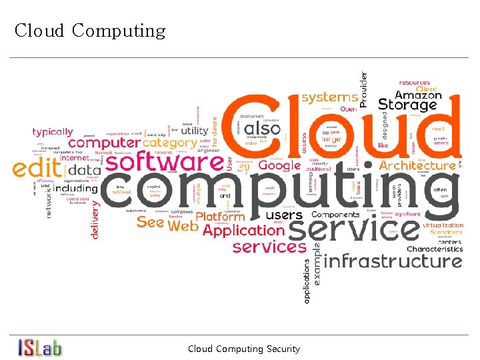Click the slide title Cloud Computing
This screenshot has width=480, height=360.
pos(90,31)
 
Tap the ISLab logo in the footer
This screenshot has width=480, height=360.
pos(40,347)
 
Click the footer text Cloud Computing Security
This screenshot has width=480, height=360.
pos(244,349)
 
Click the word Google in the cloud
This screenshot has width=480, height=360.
pos(279,165)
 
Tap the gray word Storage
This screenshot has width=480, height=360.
pos(407,105)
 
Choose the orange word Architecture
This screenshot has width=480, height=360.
pos(417,165)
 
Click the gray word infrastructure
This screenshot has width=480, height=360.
pos(393,261)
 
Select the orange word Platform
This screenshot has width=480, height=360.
pos(221,217)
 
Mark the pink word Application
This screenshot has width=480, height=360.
pos(243,231)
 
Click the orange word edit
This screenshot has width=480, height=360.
pos(37,169)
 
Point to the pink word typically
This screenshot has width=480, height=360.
pos(53,132)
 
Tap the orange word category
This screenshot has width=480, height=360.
pos(170,143)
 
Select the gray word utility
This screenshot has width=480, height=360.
pos(195,131)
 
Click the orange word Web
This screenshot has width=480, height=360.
pos(183,226)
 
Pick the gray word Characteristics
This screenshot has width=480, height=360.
pos(434,249)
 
